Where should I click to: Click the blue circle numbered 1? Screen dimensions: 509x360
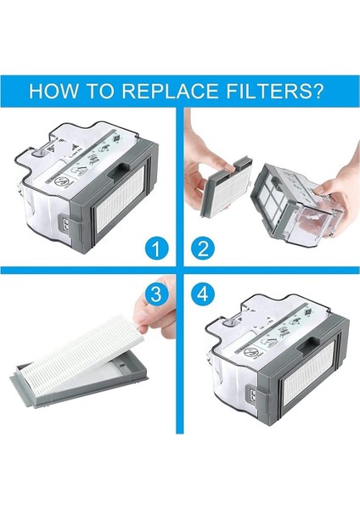coord(153,249)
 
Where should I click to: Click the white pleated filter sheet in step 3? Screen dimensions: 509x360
coord(93,352)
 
